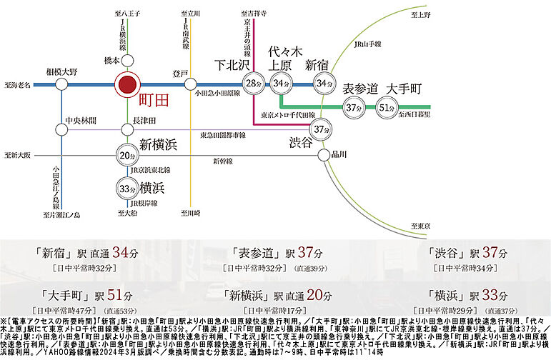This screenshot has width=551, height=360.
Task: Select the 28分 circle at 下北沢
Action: click(254, 85)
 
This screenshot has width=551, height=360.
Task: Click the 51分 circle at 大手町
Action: click(387, 108)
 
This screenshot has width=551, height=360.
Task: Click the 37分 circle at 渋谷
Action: click(321, 129)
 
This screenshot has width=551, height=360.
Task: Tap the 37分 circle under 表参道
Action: click(352, 108)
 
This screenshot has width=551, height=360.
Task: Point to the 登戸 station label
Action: click(180, 74)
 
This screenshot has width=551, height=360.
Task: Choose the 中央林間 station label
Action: click(80, 119)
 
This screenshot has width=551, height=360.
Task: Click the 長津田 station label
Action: click(145, 124)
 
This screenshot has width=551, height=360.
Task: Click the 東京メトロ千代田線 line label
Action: click(287, 114)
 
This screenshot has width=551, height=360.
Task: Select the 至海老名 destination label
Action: click(17, 85)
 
